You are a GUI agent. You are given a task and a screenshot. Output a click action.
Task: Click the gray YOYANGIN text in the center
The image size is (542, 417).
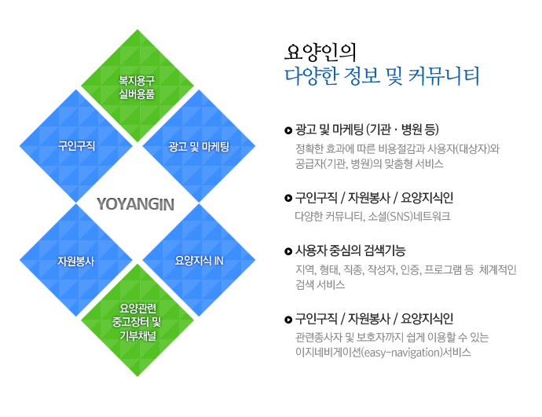[135, 204]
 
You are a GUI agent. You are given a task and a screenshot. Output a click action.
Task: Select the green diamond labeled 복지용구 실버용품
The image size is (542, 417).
[137, 86]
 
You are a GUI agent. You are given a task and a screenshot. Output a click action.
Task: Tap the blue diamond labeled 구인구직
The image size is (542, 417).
[76, 146]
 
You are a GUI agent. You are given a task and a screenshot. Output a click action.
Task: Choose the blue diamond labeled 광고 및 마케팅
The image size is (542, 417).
[199, 146]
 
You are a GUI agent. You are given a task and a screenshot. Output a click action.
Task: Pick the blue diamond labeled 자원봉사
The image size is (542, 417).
[76, 260]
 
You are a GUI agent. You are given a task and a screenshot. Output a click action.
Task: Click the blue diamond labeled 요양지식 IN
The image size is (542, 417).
[199, 260]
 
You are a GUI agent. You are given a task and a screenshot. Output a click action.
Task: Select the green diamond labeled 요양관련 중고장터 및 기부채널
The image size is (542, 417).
[137, 320]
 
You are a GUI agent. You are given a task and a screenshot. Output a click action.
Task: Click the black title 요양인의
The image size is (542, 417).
[320, 53]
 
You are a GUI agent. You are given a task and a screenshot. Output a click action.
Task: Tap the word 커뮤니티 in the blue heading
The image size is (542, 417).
[444, 76]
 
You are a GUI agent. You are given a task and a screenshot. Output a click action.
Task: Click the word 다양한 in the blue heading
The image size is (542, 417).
[311, 76]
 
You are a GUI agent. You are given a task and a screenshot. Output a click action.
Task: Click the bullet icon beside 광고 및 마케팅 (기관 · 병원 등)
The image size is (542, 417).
[288, 130]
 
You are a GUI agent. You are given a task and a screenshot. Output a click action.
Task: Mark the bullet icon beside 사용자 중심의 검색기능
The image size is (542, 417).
[288, 251]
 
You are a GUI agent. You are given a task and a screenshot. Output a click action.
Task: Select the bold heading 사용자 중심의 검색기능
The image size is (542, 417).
[350, 251]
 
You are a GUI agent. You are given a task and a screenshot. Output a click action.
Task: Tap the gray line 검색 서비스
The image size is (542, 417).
[320, 285]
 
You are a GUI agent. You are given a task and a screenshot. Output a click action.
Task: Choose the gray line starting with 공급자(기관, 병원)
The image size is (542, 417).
[369, 163]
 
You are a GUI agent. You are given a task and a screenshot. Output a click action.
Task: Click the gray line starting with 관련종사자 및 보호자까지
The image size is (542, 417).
[392, 337]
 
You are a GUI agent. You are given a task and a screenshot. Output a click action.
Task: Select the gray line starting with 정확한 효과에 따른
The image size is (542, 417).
[397, 148]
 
